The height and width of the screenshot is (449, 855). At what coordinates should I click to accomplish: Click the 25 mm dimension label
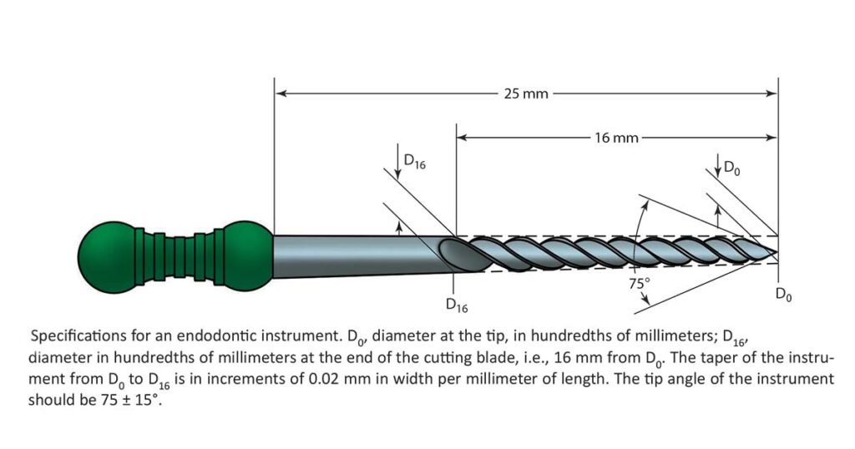526,94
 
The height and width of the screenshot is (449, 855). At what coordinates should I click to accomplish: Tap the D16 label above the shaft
415,162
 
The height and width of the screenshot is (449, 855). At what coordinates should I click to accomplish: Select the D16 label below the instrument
457,305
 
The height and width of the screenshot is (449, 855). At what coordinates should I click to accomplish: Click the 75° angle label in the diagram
640,284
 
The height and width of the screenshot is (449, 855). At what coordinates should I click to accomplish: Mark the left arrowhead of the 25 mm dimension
281,93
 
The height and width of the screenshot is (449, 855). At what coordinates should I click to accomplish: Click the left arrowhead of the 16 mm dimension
463,137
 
